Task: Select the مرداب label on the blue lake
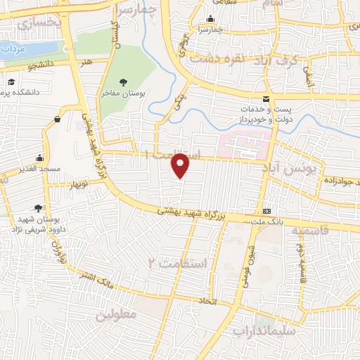point(13,51)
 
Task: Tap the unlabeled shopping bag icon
point(56,119)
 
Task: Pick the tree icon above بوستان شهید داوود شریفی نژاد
point(37,207)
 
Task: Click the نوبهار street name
point(75,184)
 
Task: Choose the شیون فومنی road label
point(250,259)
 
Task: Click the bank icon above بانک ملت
point(266,212)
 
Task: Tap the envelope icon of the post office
point(266,100)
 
